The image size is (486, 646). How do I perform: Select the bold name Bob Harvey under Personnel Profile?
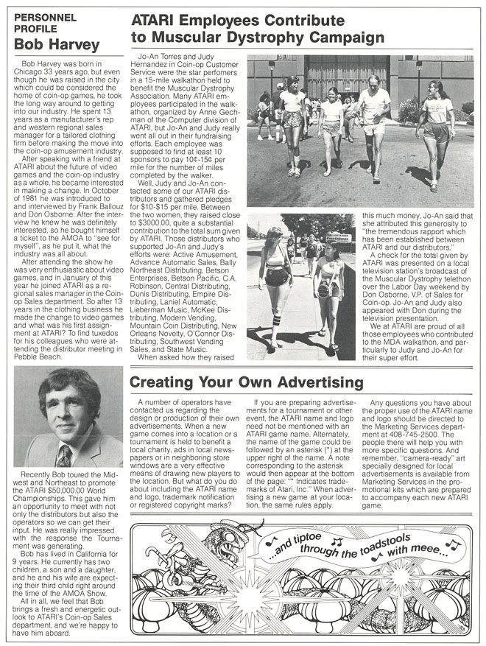click(57, 45)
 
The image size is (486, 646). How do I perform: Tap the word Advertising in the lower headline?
click(315, 383)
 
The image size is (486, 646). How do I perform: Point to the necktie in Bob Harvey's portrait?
click(65, 456)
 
